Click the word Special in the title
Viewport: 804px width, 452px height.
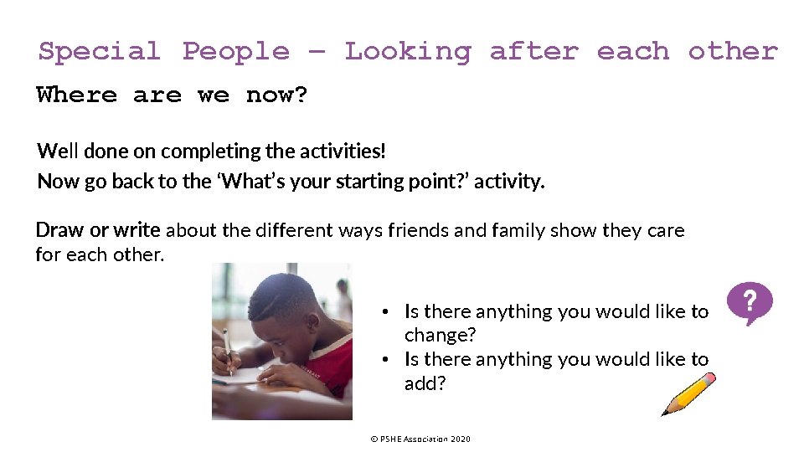pos(99,51)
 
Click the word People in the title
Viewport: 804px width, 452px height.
pos(235,51)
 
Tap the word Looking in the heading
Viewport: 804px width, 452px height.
pos(407,51)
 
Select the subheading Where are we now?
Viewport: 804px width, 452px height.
pos(172,95)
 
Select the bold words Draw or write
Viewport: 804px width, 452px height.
pos(97,230)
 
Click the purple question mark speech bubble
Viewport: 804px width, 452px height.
pos(749,302)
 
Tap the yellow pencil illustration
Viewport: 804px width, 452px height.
pos(688,394)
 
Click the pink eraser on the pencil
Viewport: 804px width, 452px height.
pos(709,379)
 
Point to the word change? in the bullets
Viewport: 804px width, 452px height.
pos(440,336)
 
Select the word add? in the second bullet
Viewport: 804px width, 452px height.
pos(425,383)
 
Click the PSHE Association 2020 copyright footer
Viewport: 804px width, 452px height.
pos(420,439)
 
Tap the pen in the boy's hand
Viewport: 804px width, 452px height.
pos(225,342)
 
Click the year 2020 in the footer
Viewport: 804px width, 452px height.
pos(460,439)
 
